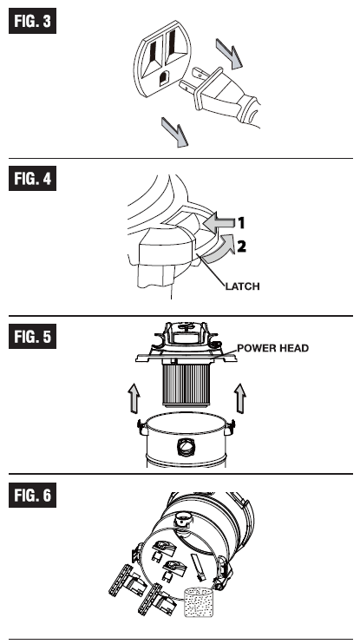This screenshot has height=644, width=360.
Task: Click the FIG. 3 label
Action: (x=32, y=21)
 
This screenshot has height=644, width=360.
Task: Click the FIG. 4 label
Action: (x=32, y=178)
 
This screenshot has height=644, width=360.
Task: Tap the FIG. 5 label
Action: (x=32, y=337)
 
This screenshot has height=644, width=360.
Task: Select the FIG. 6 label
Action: (x=32, y=495)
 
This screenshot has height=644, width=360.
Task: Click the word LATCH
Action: (x=243, y=286)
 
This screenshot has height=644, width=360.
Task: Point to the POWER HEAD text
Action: (x=273, y=348)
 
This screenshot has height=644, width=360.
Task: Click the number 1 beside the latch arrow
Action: (x=241, y=223)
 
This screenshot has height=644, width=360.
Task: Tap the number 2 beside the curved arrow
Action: (x=241, y=246)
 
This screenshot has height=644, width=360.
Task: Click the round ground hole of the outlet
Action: (x=164, y=78)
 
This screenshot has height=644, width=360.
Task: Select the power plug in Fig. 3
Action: (x=219, y=98)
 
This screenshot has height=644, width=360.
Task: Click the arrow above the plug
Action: (x=229, y=54)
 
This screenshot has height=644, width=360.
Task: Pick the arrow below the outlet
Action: (x=175, y=132)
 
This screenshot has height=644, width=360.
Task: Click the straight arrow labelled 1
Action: (x=219, y=223)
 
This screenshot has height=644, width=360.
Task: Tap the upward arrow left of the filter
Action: (x=134, y=398)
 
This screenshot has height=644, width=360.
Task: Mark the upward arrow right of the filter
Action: (x=240, y=398)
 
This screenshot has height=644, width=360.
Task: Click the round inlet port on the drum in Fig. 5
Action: (x=186, y=447)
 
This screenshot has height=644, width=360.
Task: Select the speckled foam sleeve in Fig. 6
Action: (x=199, y=602)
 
